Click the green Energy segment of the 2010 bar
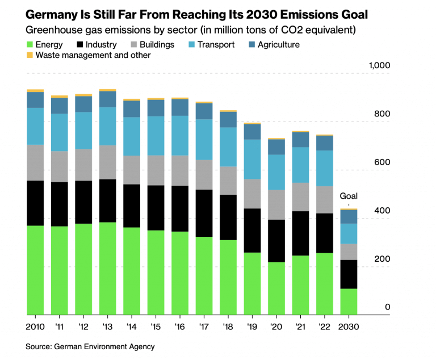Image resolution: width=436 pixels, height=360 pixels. [x=35, y=270]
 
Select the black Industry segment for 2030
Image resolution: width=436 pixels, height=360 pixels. [x=349, y=274]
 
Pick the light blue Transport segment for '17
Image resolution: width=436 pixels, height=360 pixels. [x=204, y=139]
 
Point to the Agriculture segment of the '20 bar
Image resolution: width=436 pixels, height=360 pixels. [x=276, y=146]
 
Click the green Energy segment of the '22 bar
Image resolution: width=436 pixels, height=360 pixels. [x=325, y=283]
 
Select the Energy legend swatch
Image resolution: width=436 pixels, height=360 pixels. [x=30, y=44]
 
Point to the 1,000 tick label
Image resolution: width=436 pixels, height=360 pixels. [x=379, y=65]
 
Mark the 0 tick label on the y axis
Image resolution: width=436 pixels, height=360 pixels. [x=388, y=307]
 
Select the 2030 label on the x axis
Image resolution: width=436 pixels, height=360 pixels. [x=349, y=327]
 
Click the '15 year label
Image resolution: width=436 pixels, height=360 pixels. [x=156, y=327]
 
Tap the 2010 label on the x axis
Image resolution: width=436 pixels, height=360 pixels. [x=35, y=327]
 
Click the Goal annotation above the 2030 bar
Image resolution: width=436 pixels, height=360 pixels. [x=349, y=196]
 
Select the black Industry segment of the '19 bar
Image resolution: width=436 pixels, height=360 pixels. [x=252, y=230]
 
